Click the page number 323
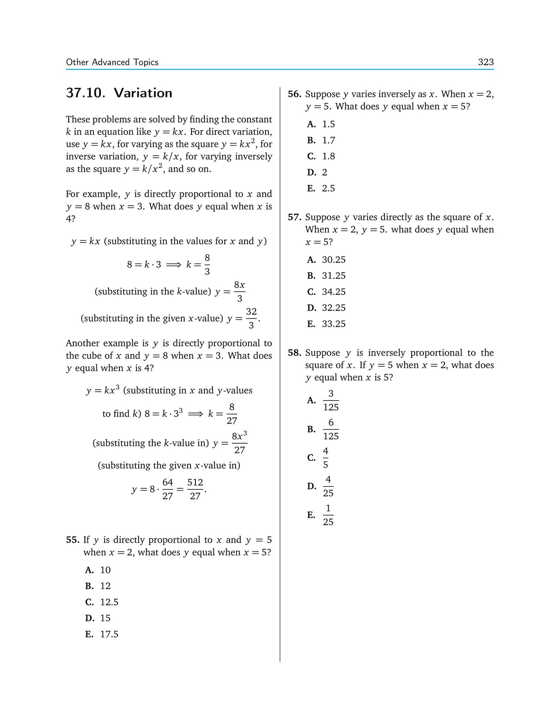486,62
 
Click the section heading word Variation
143,93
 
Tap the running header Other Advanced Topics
112,62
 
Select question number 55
73,540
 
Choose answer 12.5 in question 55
109,602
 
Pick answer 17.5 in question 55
109,634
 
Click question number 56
294,94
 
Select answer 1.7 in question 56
328,140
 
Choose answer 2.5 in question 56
328,188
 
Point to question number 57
294,217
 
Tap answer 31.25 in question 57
334,276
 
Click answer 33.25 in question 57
334,324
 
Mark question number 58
294,353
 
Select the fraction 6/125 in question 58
331,429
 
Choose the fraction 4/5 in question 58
325,458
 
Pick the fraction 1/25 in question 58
328,515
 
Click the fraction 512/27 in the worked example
195,489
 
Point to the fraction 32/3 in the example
251,318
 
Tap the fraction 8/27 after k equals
232,414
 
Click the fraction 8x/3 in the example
239,291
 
